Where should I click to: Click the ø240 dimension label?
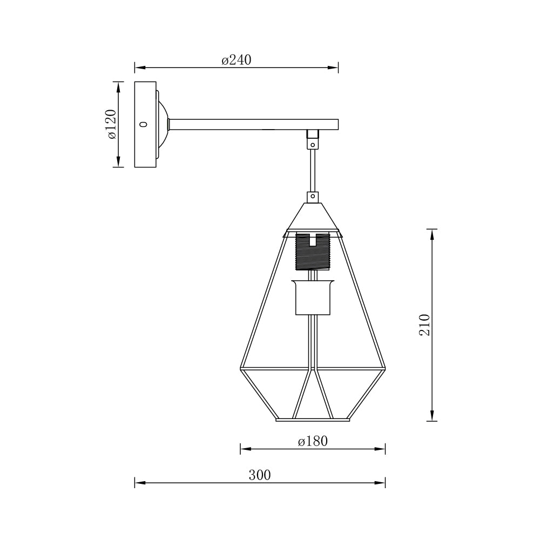click(237, 60)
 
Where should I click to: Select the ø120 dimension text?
click(111, 124)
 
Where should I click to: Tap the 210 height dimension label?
click(425, 325)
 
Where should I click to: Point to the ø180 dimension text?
click(313, 441)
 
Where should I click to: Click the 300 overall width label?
click(260, 475)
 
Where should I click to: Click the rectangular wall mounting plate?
click(145, 124)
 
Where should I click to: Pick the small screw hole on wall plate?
click(143, 124)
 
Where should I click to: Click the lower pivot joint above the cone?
click(312, 197)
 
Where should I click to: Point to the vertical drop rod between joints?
click(312, 170)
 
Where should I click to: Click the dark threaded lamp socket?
click(313, 252)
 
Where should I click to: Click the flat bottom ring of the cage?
click(313, 419)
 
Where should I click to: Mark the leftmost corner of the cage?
click(241, 370)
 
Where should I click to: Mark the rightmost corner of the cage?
click(385, 370)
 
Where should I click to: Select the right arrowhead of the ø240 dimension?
click(334, 68)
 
